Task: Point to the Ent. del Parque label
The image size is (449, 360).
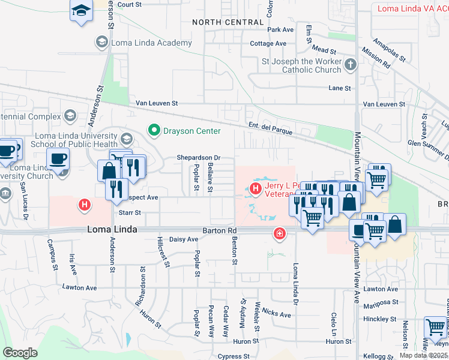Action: [x=270, y=125]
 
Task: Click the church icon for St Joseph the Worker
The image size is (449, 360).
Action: [x=351, y=64]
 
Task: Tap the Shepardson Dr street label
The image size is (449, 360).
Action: [x=199, y=158]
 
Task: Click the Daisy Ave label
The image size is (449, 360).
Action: [x=184, y=239]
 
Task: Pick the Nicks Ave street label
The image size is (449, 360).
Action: [x=276, y=313]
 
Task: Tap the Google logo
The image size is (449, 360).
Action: [x=20, y=352]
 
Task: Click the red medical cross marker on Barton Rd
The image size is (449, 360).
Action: [x=279, y=233]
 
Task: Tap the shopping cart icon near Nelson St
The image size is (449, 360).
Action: [x=435, y=328]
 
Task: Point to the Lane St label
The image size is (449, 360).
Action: [x=339, y=88]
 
